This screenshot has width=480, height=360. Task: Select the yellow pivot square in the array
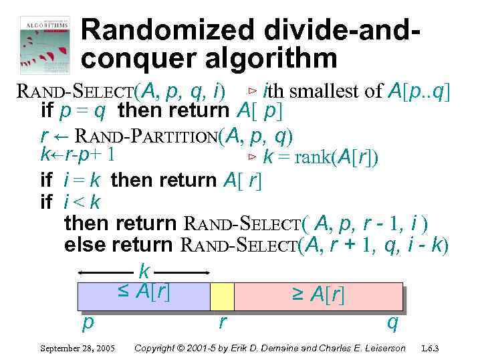(222, 296)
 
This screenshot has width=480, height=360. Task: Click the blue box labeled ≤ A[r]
(144, 296)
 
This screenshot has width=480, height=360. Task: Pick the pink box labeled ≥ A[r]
(318, 296)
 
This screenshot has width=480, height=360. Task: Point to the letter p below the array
(87, 323)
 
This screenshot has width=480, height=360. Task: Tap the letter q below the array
(393, 323)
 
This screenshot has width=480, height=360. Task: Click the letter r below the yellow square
(222, 323)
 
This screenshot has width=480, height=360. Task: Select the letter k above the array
(143, 272)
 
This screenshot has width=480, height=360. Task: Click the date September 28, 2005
(78, 349)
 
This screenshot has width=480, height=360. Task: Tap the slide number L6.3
(435, 349)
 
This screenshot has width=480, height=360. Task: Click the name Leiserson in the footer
(382, 349)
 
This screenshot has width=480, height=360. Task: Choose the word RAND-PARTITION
(147, 137)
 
